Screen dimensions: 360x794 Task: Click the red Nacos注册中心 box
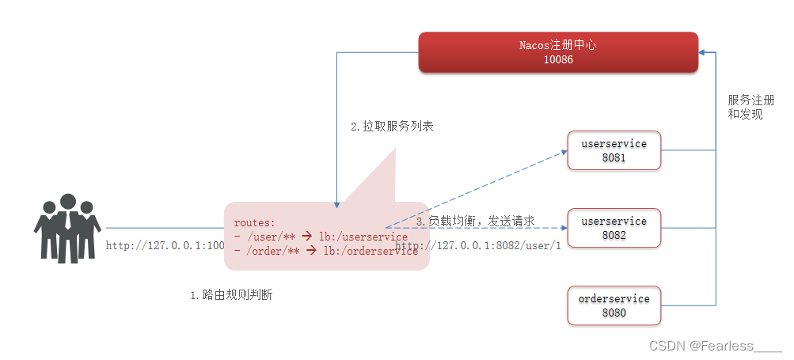click(558, 52)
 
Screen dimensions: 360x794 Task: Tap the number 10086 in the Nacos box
click(558, 60)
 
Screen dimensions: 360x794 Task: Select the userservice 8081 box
click(614, 150)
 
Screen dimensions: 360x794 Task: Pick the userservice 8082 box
click(614, 228)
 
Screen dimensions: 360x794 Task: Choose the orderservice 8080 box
click(614, 305)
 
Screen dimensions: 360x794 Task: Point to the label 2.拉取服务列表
click(392, 127)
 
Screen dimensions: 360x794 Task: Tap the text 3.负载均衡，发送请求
click(476, 222)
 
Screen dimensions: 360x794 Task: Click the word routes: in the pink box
click(255, 223)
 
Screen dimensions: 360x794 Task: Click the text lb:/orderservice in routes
click(369, 251)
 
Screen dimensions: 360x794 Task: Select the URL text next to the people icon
click(165, 245)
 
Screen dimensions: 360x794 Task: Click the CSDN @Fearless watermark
click(715, 346)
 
